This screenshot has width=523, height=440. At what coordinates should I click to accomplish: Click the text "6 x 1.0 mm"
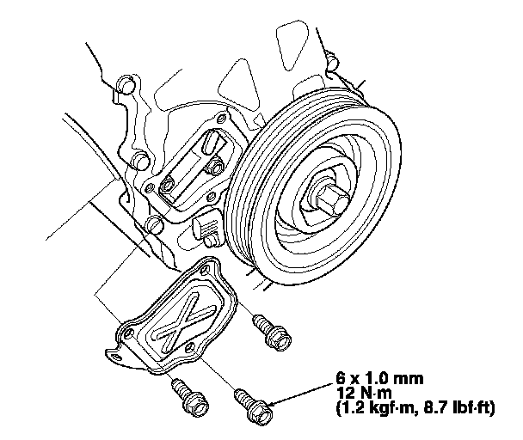(379, 379)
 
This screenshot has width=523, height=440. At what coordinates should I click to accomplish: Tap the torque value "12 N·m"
(364, 394)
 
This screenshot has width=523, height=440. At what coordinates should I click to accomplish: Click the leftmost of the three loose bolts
(190, 395)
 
